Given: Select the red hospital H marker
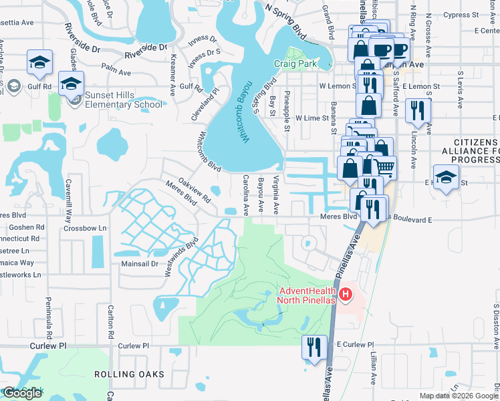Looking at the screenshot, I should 346,295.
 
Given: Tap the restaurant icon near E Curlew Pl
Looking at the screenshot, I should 311,347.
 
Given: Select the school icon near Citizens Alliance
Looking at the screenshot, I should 446,178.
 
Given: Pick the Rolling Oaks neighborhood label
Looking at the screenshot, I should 128,374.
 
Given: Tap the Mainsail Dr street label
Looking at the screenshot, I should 138,264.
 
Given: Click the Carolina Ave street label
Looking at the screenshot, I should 245,194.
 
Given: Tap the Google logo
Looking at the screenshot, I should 22,393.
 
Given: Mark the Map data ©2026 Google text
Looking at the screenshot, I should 458,396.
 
